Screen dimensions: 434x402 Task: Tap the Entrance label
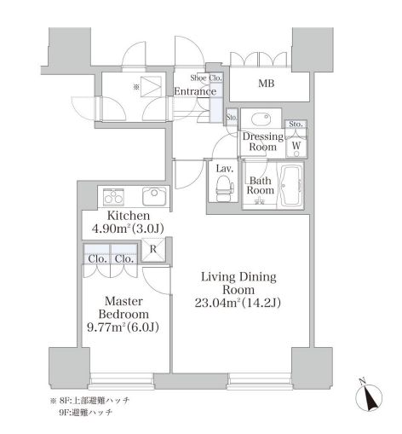tap(195, 91)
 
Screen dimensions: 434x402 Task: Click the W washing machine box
tap(295, 144)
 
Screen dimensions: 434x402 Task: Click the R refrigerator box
tap(152, 250)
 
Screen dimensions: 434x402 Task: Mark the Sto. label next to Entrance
tap(231, 117)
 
